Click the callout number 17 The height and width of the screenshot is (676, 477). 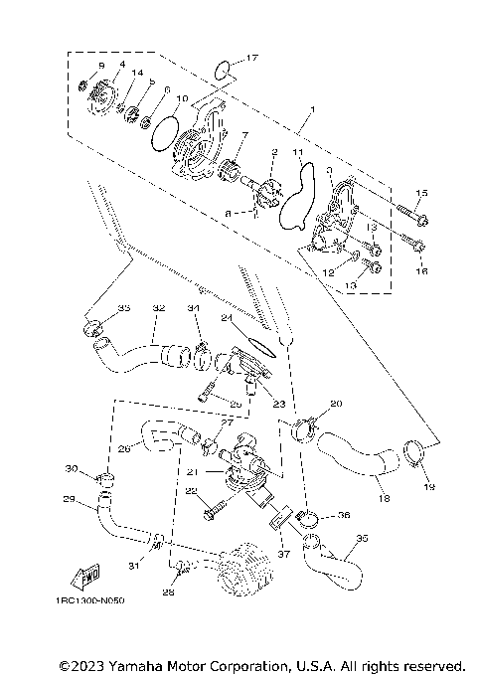tap(250, 59)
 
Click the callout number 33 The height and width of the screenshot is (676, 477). tap(124, 309)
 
